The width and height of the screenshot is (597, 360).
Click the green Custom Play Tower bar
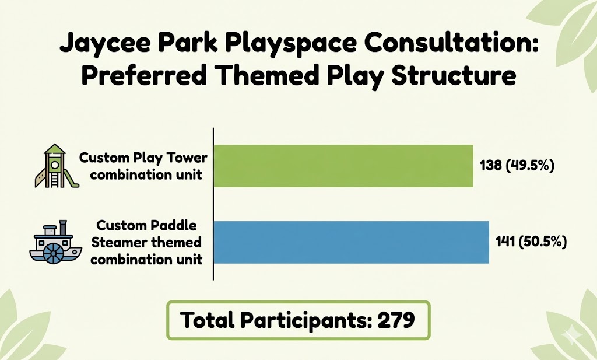click(x=343, y=166)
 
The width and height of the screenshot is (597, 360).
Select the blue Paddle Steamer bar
click(x=352, y=242)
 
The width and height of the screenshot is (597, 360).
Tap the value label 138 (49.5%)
click(x=517, y=166)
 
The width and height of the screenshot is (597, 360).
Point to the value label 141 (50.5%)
click(x=531, y=242)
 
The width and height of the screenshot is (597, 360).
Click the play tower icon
click(x=57, y=166)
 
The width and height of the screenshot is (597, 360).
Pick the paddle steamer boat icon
click(x=56, y=242)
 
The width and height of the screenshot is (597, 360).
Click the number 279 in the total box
click(x=396, y=320)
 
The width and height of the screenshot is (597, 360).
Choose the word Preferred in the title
click(x=145, y=75)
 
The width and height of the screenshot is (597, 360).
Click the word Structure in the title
click(x=454, y=75)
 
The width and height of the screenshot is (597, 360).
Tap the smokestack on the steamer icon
click(x=63, y=227)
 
